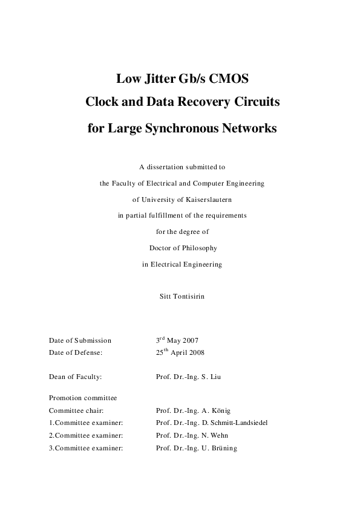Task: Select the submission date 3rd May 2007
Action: click(177, 340)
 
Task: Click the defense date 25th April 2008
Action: click(180, 351)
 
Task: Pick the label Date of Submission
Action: click(80, 340)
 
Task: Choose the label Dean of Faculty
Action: click(75, 377)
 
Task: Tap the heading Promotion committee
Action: click(82, 398)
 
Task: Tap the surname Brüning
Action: click(223, 448)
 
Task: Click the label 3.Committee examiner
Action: click(86, 448)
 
